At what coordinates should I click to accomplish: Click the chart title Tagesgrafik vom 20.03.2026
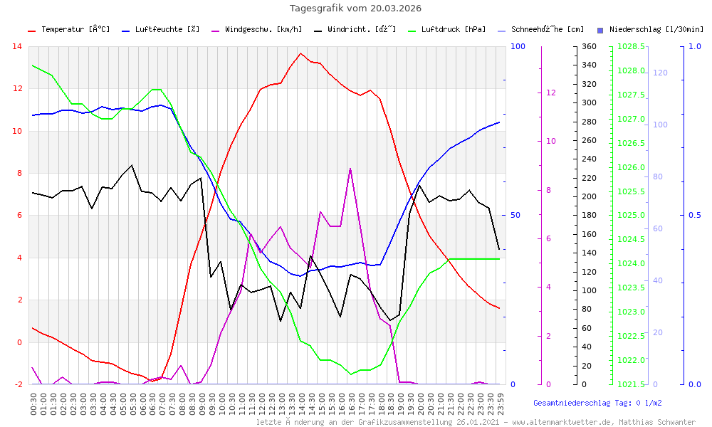pyautogui.click(x=355, y=9)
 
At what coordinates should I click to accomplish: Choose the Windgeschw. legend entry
pyautogui.click(x=263, y=30)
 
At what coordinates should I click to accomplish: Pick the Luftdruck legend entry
pyautogui.click(x=453, y=30)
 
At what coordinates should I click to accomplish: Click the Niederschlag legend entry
pyautogui.click(x=656, y=30)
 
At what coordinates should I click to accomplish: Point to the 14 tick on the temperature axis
pyautogui.click(x=17, y=47)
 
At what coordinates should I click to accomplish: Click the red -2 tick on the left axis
pyautogui.click(x=17, y=384)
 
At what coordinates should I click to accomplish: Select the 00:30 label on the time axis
pyautogui.click(x=34, y=404)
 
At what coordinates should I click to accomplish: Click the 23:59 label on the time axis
pyautogui.click(x=501, y=404)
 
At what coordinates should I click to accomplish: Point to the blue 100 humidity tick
pyautogui.click(x=518, y=47)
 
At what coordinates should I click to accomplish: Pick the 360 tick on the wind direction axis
pyautogui.click(x=589, y=47)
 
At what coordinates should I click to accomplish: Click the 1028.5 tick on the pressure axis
pyautogui.click(x=632, y=47)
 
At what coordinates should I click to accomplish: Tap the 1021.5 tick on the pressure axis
pyautogui.click(x=632, y=384)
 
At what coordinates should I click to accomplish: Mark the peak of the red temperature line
pyautogui.click(x=301, y=53)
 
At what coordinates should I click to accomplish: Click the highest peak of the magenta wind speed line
pyautogui.click(x=350, y=169)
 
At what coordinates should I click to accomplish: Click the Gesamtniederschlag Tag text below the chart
pyautogui.click(x=597, y=403)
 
